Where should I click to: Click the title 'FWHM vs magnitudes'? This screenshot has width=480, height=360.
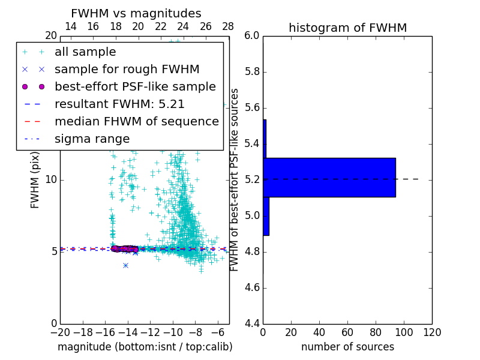point(136,13)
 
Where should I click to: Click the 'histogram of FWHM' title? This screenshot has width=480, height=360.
point(347,28)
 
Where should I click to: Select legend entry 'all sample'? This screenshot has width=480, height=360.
point(85,52)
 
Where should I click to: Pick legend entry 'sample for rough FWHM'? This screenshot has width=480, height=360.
point(127,69)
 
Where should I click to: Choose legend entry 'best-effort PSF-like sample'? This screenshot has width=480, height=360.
point(135,86)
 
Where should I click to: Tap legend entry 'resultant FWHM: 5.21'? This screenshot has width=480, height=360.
point(119,104)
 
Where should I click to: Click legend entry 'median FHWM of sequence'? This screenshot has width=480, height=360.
point(136,121)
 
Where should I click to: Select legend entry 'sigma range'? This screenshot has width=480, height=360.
point(92,139)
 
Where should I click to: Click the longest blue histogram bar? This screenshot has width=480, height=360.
point(329,177)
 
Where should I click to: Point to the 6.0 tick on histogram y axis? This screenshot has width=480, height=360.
point(252,36)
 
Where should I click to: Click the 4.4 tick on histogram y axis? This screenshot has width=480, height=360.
point(252,324)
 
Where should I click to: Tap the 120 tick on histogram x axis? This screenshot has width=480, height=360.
point(432,332)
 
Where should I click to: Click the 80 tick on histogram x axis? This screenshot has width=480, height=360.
point(376,332)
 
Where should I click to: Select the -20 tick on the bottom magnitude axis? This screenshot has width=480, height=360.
point(60,332)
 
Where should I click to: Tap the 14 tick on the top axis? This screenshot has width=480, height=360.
point(70,26)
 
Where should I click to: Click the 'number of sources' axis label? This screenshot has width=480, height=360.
point(347,347)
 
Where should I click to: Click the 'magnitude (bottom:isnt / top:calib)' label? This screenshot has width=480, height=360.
point(145,347)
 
